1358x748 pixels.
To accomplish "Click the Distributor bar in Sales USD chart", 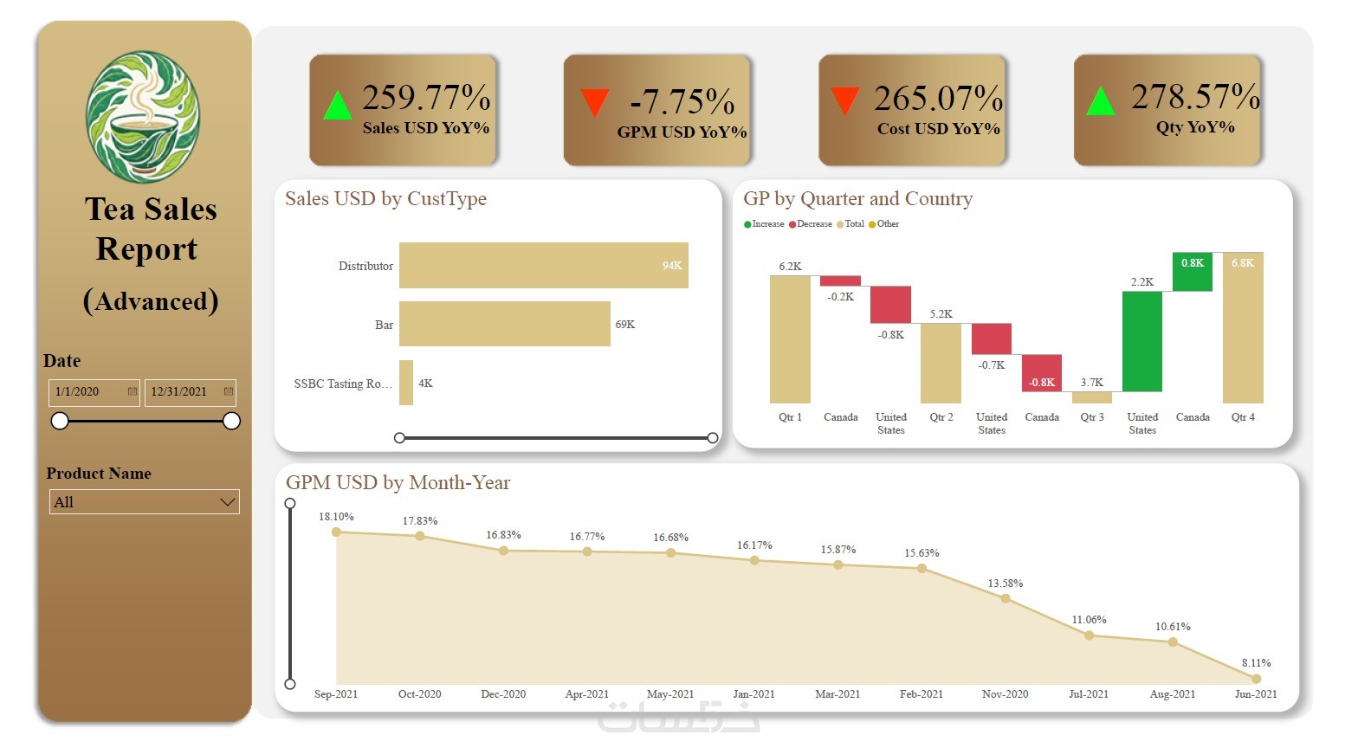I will (543, 265).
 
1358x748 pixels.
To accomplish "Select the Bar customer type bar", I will (504, 324).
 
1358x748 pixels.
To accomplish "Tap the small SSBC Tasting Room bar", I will (406, 383).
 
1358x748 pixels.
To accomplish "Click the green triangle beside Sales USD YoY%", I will (337, 106).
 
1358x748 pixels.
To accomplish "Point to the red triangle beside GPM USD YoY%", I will (594, 101).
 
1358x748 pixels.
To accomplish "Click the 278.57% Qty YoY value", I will (1195, 96).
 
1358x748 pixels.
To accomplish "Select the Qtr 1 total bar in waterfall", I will (790, 339).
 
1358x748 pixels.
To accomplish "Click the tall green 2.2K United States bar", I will (1141, 341).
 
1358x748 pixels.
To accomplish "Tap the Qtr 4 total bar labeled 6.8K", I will (1243, 328).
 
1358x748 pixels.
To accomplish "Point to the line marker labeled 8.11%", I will (1256, 679).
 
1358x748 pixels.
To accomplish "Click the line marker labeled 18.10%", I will (336, 532).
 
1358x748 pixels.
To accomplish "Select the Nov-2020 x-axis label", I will (1006, 694).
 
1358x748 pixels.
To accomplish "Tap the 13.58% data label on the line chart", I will (1006, 584).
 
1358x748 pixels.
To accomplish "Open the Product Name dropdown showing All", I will (145, 502).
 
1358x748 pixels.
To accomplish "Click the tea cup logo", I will (143, 117).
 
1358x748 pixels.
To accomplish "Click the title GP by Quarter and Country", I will (857, 199).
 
